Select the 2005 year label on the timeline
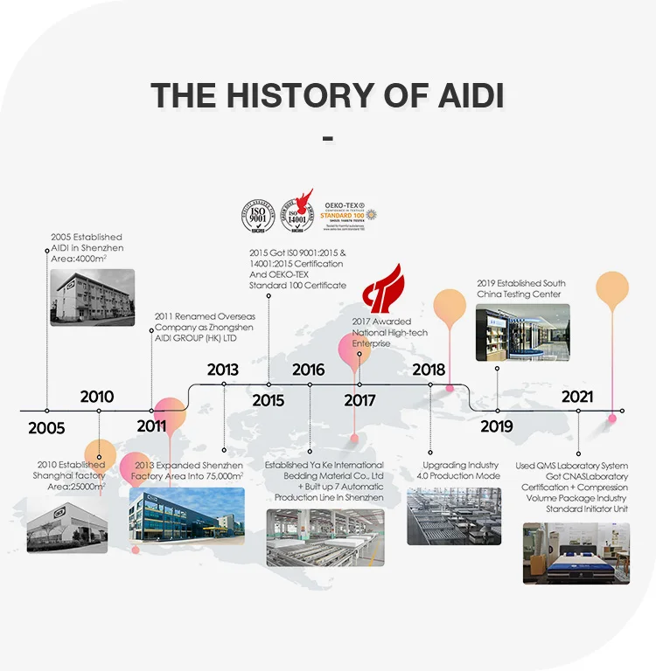(46, 428)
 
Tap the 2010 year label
(96, 396)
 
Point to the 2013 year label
(223, 370)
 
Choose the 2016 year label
(309, 370)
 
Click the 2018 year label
(429, 370)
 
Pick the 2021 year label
(577, 397)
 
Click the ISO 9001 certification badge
(258, 215)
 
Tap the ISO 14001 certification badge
(302, 215)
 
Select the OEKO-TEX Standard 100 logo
(350, 213)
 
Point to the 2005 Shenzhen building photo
(92, 297)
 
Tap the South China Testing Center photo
(522, 332)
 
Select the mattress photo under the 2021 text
(576, 553)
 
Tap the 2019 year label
(497, 427)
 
